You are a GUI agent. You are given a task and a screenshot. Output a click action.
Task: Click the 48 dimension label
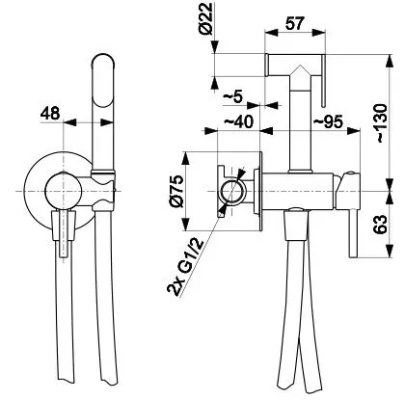click(50, 114)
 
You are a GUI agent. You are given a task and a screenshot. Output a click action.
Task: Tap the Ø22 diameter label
click(206, 18)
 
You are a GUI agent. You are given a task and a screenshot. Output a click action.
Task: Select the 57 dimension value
click(294, 23)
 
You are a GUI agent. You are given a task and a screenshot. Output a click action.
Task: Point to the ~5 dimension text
click(232, 96)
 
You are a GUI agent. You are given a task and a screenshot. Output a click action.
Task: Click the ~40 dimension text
click(238, 121)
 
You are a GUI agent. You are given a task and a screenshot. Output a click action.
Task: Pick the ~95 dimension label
click(328, 121)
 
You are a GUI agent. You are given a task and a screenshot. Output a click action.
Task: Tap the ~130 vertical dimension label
click(381, 122)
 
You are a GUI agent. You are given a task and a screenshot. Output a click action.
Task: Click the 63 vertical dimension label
click(381, 225)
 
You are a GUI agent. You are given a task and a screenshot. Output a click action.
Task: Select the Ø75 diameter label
click(177, 192)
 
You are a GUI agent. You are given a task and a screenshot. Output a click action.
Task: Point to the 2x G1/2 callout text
click(185, 267)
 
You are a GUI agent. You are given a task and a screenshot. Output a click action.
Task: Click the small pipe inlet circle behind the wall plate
click(232, 191)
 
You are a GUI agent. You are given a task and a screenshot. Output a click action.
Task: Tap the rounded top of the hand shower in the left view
click(103, 61)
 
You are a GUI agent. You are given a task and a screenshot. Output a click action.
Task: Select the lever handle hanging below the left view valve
click(64, 233)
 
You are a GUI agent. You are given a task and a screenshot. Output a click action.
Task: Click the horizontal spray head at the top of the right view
click(295, 65)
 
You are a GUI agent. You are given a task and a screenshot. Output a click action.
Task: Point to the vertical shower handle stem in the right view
click(300, 123)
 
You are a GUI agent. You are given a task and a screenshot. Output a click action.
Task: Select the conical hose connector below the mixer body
click(296, 225)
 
